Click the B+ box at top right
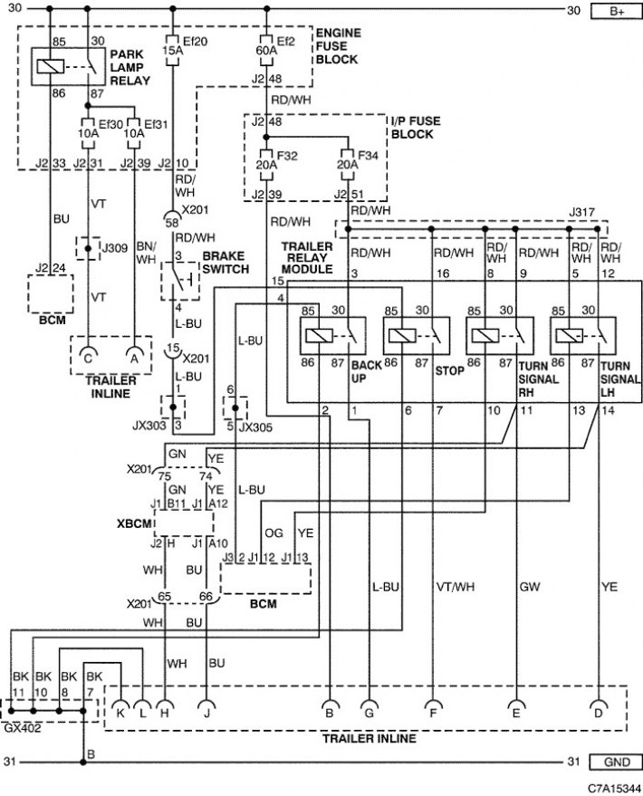click(616, 11)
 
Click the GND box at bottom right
click(616, 762)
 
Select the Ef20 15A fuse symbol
click(173, 50)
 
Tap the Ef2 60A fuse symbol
click(266, 50)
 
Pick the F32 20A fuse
click(266, 165)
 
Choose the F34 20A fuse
click(348, 165)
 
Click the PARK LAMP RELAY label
click(130, 67)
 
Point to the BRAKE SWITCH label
click(226, 263)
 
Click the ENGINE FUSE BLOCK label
click(338, 46)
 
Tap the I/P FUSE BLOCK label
click(416, 128)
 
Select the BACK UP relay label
click(366, 371)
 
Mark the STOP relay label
click(449, 371)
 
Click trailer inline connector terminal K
click(120, 709)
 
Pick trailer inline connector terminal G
click(369, 709)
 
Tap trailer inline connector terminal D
click(599, 709)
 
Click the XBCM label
click(134, 523)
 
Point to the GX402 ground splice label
click(23, 728)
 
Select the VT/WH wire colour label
click(456, 587)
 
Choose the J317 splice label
click(581, 212)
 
